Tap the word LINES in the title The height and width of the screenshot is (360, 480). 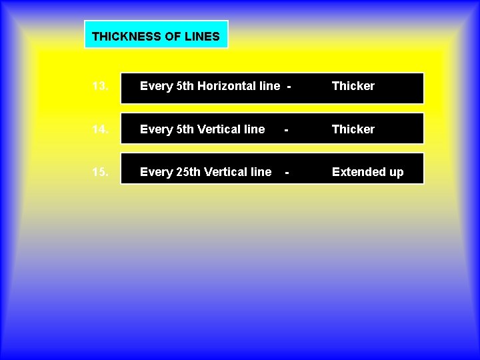pos(202,37)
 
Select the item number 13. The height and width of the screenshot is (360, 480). pos(101,86)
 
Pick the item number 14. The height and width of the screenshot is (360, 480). pos(101,129)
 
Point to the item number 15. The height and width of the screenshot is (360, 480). pos(101,172)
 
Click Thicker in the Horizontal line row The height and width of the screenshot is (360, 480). pos(353,86)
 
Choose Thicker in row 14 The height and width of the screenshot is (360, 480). pos(353,129)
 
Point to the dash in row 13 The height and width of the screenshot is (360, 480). pos(289,87)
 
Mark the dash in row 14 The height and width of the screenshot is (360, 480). pos(286,130)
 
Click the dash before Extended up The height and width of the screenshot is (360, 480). pos(287,173)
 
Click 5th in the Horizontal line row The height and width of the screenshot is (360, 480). pos(185,86)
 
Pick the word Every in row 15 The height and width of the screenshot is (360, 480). pos(156,172)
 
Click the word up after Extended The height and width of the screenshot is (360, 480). pos(396,173)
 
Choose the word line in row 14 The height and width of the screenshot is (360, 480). pos(253,129)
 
